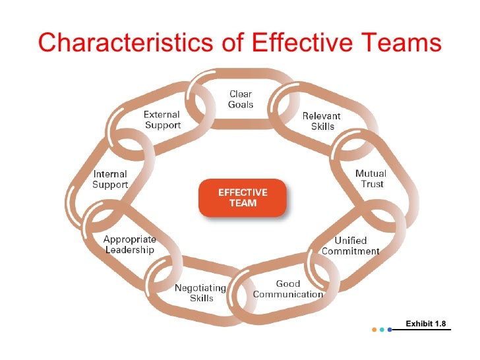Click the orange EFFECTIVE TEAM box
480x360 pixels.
click(x=243, y=198)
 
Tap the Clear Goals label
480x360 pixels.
click(x=241, y=100)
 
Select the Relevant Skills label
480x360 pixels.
click(x=321, y=121)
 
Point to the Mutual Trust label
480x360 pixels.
click(x=371, y=179)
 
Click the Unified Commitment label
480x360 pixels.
click(x=350, y=246)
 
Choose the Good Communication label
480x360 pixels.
click(x=288, y=289)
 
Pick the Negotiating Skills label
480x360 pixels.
click(x=200, y=293)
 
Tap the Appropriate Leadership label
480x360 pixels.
click(x=129, y=245)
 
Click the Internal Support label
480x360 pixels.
click(x=109, y=179)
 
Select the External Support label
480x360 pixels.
click(x=162, y=120)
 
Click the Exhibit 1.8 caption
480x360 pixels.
click(x=425, y=323)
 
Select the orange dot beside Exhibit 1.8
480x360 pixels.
click(x=374, y=329)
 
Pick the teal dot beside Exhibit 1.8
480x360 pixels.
click(x=382, y=329)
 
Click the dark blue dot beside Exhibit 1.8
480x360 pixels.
click(x=390, y=329)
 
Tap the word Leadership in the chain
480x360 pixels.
click(x=131, y=250)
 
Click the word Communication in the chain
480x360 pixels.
click(x=288, y=294)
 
